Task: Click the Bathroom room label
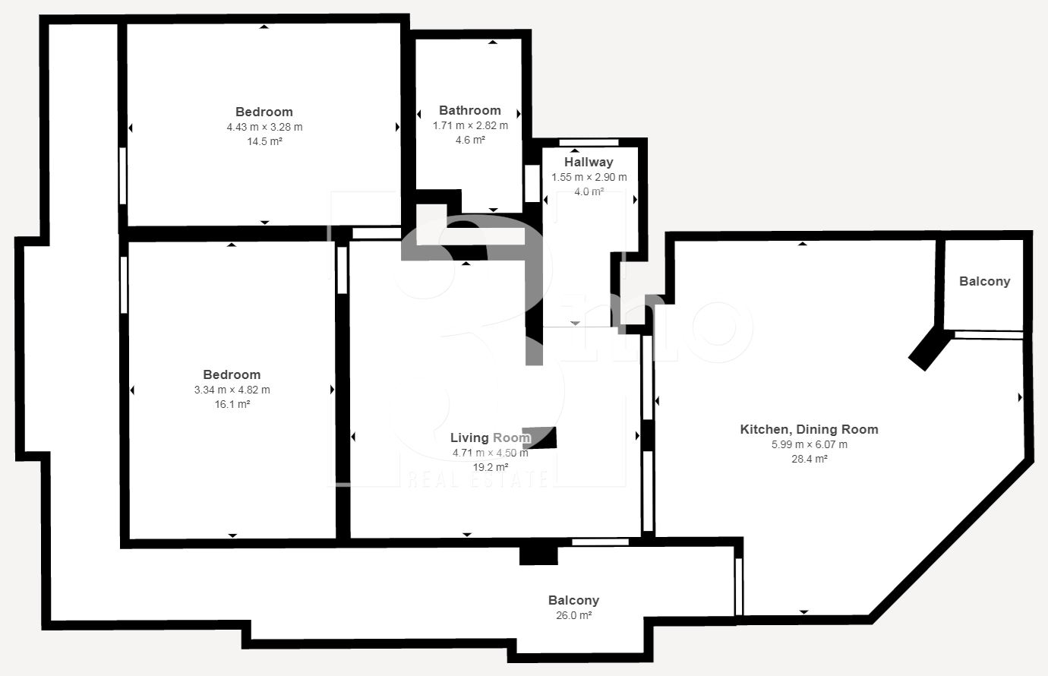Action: [x=470, y=110]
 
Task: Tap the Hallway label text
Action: [x=589, y=162]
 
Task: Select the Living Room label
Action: [x=491, y=438]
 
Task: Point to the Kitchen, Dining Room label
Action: [x=809, y=429]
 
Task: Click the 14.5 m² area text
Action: [x=264, y=141]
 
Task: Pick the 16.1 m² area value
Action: [x=232, y=404]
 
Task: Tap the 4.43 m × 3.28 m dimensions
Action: [x=264, y=127]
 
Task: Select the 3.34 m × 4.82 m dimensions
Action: [x=232, y=390]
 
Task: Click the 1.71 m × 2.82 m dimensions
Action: [x=470, y=125]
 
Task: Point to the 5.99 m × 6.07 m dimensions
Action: [x=810, y=444]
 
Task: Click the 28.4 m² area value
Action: [x=810, y=459]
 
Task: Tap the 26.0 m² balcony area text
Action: [x=573, y=615]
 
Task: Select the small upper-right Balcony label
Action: [x=984, y=281]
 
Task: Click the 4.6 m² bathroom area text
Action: [x=470, y=140]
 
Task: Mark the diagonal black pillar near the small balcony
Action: [x=930, y=349]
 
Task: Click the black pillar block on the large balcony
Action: [x=538, y=555]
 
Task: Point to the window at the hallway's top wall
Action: [x=589, y=142]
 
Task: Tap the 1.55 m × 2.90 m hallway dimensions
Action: [x=589, y=177]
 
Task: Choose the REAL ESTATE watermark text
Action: [x=478, y=479]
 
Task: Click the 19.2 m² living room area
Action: [x=491, y=467]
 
